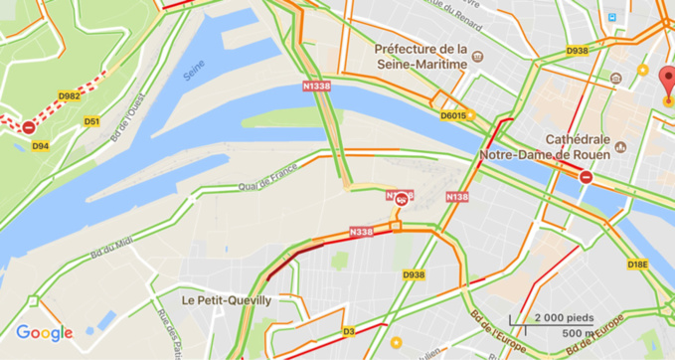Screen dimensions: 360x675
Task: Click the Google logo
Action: (x=44, y=333)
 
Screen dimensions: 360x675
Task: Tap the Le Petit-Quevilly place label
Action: (x=227, y=299)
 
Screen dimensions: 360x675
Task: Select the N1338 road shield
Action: (x=316, y=87)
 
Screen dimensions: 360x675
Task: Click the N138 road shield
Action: (x=457, y=197)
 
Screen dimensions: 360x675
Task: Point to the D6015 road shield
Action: (x=453, y=115)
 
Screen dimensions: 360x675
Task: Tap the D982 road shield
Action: (x=69, y=96)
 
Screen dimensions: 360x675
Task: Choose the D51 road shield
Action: (x=91, y=122)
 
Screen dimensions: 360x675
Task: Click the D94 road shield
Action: (x=41, y=146)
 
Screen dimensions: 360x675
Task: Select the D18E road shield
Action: (x=637, y=265)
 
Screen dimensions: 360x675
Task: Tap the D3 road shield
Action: (x=348, y=331)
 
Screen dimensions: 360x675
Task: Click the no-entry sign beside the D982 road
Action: (x=29, y=128)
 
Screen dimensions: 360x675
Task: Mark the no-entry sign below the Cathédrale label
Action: (x=587, y=178)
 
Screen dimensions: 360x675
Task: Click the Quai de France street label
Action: (x=267, y=182)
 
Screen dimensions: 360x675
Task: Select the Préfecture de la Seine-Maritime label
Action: (x=421, y=57)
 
